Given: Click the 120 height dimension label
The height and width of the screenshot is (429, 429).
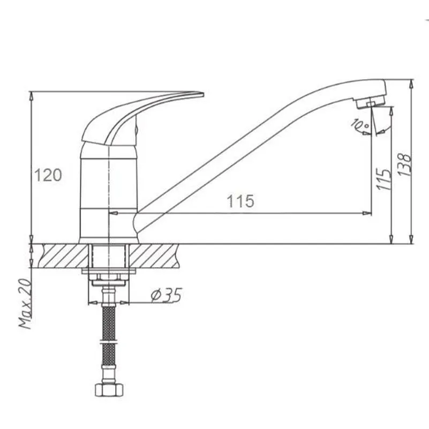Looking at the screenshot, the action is point(48,175).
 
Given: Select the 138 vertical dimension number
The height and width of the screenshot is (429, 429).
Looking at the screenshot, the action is point(405,165).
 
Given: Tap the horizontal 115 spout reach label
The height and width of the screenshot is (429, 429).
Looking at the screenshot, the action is point(240,201).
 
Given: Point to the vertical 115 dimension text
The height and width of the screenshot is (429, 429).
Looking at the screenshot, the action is point(383,179).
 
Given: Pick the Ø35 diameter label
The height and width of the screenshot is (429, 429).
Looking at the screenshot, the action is point(167,296).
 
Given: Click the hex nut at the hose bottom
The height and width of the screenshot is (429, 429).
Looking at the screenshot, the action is point(109,389).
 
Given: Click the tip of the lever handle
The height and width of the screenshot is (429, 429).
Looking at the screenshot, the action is point(204,95).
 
